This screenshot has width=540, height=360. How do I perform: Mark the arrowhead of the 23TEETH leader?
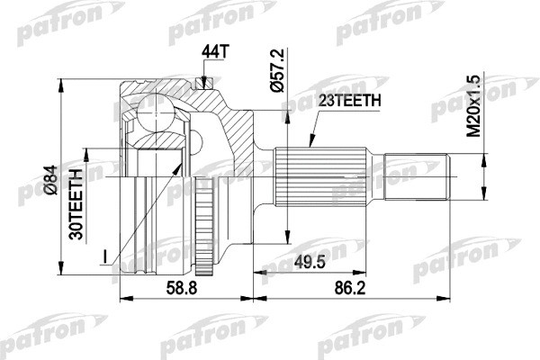(308, 144)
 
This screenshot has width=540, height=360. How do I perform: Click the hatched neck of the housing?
(241, 135)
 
